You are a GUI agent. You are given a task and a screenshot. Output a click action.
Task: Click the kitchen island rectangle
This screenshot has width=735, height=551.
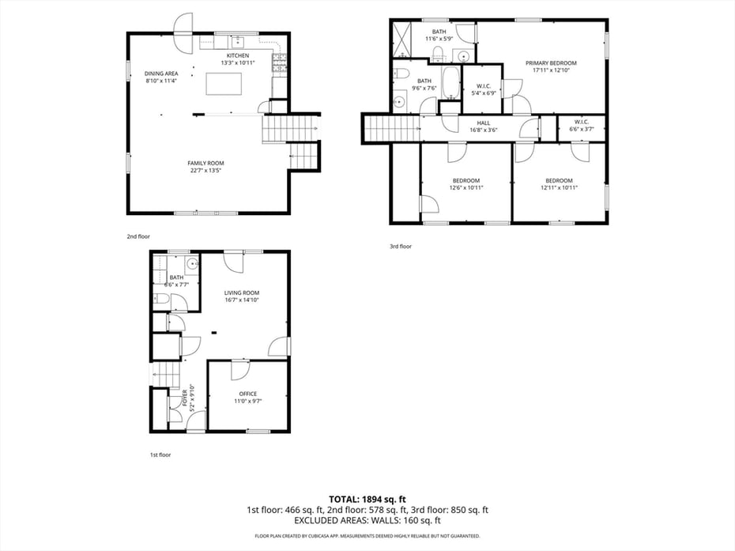point(224,83)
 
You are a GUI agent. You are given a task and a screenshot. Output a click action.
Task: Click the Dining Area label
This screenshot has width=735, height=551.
point(160,74)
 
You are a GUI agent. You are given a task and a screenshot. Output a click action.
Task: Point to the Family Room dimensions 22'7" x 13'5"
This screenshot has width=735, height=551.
point(205,170)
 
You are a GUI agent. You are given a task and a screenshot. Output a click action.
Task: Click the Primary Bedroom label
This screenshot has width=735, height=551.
point(551,63)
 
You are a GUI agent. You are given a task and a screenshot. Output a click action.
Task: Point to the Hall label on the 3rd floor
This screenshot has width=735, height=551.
point(484,123)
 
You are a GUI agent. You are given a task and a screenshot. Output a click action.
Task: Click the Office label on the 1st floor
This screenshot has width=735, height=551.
point(248,394)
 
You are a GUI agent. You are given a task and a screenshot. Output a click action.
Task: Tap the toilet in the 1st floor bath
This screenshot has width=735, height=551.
point(160,299)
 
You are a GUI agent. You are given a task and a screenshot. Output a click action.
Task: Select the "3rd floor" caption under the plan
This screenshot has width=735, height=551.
point(400,246)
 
